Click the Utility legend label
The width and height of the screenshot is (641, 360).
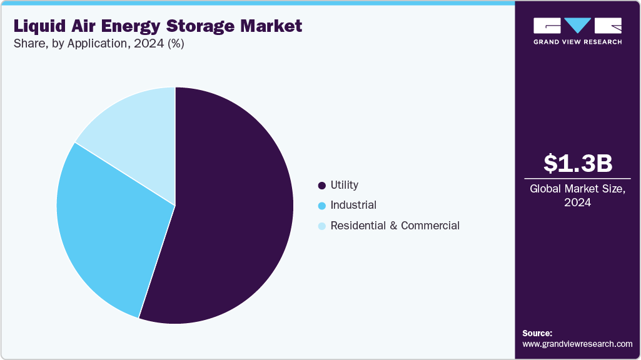click(344, 185)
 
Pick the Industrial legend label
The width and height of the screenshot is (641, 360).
click(353, 205)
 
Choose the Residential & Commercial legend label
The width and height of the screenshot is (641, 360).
click(395, 226)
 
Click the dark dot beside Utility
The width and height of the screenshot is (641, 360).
click(322, 186)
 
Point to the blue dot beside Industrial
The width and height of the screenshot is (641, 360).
click(322, 206)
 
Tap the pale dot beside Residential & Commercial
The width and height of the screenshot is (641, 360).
click(322, 226)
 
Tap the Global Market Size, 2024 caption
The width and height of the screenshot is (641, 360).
click(577, 196)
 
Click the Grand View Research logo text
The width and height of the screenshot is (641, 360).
click(577, 42)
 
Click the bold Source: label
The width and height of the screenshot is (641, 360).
click(537, 333)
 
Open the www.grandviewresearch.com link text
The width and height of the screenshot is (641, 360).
click(577, 344)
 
